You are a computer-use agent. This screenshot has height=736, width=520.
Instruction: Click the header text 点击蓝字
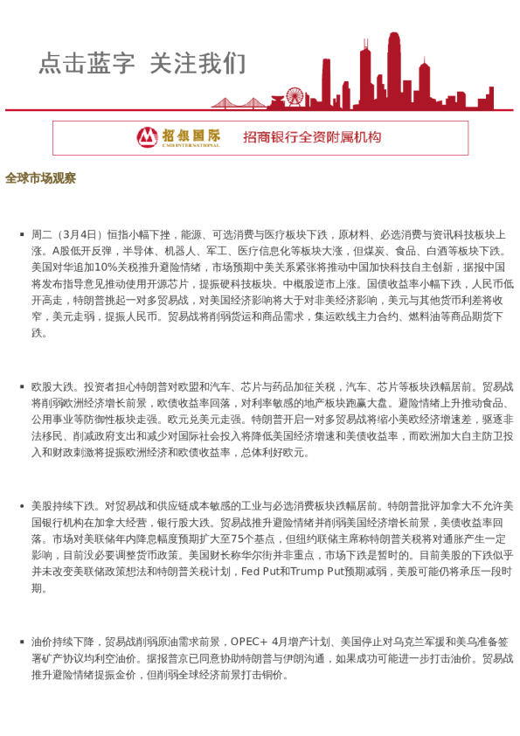[x=87, y=63]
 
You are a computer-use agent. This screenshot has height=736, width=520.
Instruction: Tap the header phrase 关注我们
[x=198, y=63]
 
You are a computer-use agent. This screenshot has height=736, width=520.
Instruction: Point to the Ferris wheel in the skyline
[x=295, y=96]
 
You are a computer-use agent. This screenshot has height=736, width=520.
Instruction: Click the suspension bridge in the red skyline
[x=239, y=101]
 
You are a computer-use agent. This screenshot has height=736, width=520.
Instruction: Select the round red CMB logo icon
[x=148, y=137]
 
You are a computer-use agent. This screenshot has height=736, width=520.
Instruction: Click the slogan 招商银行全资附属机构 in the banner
[x=312, y=137]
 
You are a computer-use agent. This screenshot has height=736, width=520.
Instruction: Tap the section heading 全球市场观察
[x=40, y=178]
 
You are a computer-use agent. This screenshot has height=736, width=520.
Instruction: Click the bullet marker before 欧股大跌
[x=21, y=385]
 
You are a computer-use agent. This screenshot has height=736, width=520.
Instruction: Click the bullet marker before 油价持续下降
[x=21, y=642]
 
